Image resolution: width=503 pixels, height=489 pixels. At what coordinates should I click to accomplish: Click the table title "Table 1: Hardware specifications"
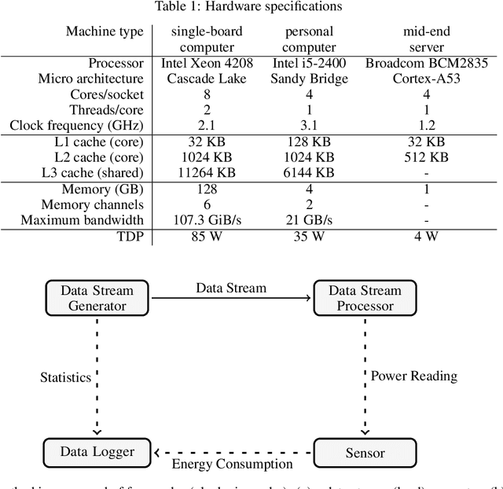click(251, 7)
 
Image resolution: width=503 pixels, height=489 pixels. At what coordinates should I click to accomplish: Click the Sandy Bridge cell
click(310, 78)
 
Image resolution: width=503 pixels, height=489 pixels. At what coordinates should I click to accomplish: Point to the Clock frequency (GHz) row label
click(77, 125)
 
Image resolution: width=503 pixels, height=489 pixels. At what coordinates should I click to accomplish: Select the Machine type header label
click(105, 31)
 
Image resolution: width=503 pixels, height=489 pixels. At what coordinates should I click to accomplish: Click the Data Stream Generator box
click(97, 298)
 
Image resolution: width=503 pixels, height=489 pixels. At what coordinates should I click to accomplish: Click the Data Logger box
click(97, 451)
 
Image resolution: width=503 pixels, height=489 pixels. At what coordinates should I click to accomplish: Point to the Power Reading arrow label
click(413, 375)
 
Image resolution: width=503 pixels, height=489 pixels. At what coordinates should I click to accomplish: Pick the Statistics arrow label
click(66, 377)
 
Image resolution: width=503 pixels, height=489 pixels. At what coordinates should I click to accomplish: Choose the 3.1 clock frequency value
click(310, 125)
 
